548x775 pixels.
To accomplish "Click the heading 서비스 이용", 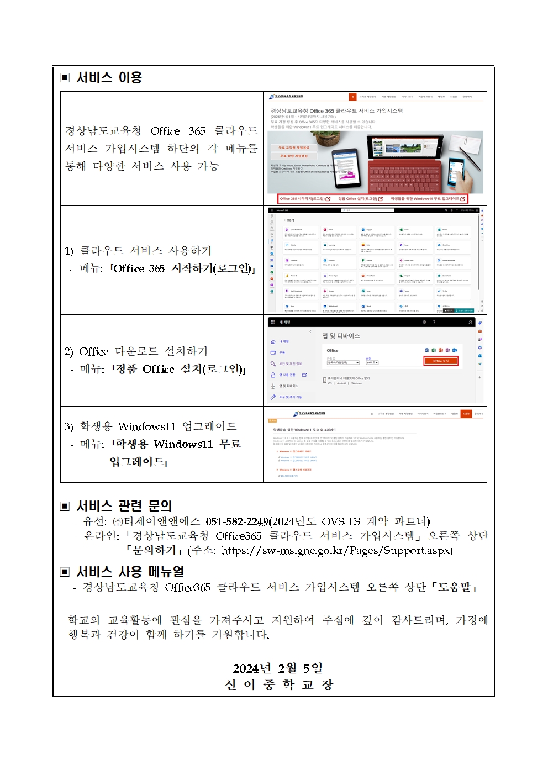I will pyautogui.click(x=109, y=77).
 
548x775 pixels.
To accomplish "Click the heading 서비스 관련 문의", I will pyautogui.click(x=124, y=505).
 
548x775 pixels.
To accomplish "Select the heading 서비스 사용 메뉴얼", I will pyautogui.click(x=130, y=571).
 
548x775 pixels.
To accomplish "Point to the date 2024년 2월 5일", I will pyautogui.click(x=277, y=668).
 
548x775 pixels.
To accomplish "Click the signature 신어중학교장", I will pyautogui.click(x=278, y=684).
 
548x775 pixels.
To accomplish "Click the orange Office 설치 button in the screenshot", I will pyautogui.click(x=440, y=361).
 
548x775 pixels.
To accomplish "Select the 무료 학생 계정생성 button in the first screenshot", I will pyautogui.click(x=293, y=156).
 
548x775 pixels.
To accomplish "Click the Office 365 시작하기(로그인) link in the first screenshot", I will pyautogui.click(x=304, y=198).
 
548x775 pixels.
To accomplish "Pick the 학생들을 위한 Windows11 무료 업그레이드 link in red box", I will pyautogui.click(x=427, y=198).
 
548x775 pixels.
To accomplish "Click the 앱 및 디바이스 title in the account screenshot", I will pyautogui.click(x=341, y=335).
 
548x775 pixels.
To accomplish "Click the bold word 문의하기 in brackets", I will pyautogui.click(x=154, y=550).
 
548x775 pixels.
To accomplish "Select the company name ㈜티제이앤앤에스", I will pyautogui.click(x=156, y=521).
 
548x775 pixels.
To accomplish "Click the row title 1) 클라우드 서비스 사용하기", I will pyautogui.click(x=138, y=251).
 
